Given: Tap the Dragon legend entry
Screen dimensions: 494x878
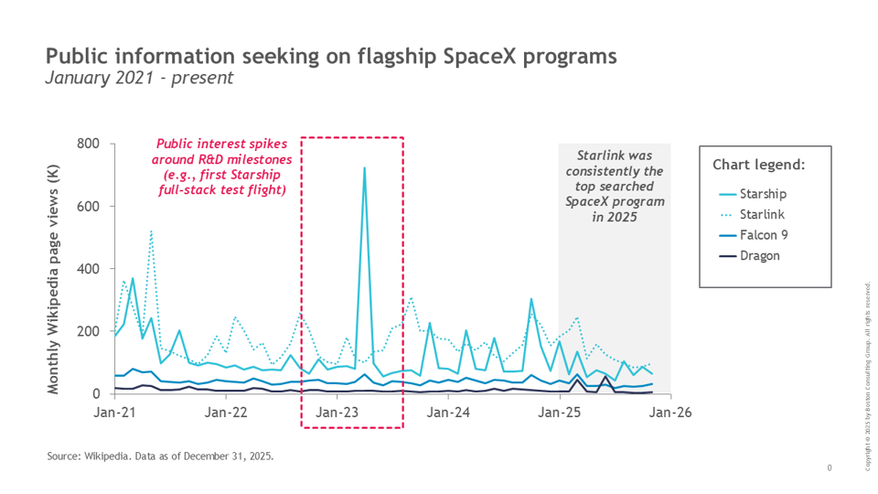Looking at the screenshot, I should (x=761, y=255).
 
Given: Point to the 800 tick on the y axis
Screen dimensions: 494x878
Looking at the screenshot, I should (x=88, y=144).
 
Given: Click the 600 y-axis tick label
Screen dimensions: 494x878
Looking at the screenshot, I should (x=88, y=206).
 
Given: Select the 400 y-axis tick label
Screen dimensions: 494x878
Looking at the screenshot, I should (x=88, y=269).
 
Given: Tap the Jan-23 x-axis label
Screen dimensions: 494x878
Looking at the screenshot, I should (x=337, y=413).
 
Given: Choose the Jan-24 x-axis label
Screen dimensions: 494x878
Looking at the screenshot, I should (x=449, y=413).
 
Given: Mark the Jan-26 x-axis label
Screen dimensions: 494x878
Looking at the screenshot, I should (x=671, y=413).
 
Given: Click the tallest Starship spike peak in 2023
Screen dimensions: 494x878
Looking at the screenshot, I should (x=364, y=168).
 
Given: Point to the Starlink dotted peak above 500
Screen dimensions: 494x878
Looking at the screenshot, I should (x=151, y=231).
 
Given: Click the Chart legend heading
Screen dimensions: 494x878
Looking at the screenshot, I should (x=759, y=166).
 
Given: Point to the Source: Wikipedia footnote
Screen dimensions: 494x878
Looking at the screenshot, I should (x=160, y=455).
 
